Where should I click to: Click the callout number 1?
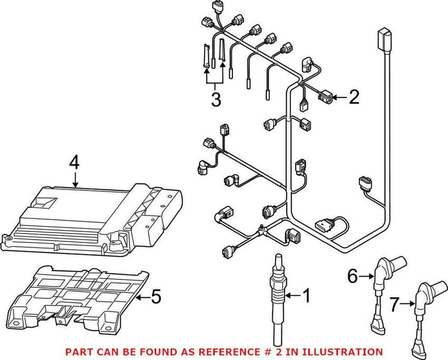[306, 294]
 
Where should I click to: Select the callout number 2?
[353, 99]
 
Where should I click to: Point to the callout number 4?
[74, 163]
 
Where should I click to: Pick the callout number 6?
[352, 275]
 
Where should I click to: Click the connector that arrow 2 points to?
[325, 99]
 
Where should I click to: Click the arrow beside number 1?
[292, 294]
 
